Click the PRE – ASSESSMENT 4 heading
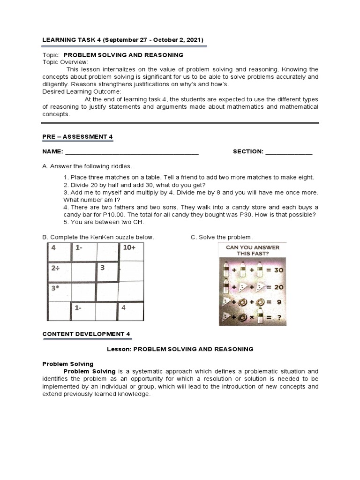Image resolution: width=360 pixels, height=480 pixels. (78, 136)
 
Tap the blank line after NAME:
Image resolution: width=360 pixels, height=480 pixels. (132, 152)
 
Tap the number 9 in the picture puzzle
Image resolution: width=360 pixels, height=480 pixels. (278, 302)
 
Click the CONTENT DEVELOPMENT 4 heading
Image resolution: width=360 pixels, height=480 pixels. (86, 334)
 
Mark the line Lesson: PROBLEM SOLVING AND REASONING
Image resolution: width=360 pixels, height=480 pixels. (180, 349)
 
